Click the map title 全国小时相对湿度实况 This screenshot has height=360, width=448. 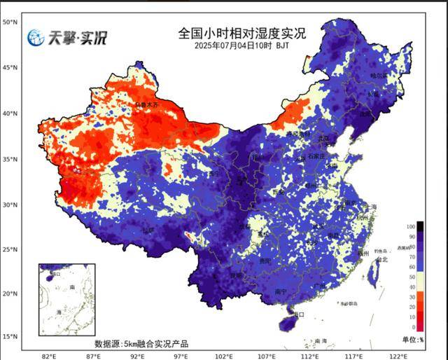tap(241, 33)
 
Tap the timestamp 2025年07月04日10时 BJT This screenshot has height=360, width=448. tap(241, 46)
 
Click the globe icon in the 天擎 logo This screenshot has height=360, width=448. tap(36, 38)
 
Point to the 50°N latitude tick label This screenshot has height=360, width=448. tap(10, 22)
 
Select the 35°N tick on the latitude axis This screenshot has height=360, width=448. tap(10, 160)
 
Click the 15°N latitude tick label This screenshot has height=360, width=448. tap(10, 337)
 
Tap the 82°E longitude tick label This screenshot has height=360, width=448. tap(49, 356)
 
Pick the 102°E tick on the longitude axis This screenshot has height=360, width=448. tap(225, 356)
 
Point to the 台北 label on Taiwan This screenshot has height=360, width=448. tap(381, 259)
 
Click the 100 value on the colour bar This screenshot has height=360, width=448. tap(411, 227)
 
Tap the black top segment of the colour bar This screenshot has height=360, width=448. tap(420, 226)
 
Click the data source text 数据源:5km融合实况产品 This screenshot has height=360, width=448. tap(141, 344)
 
